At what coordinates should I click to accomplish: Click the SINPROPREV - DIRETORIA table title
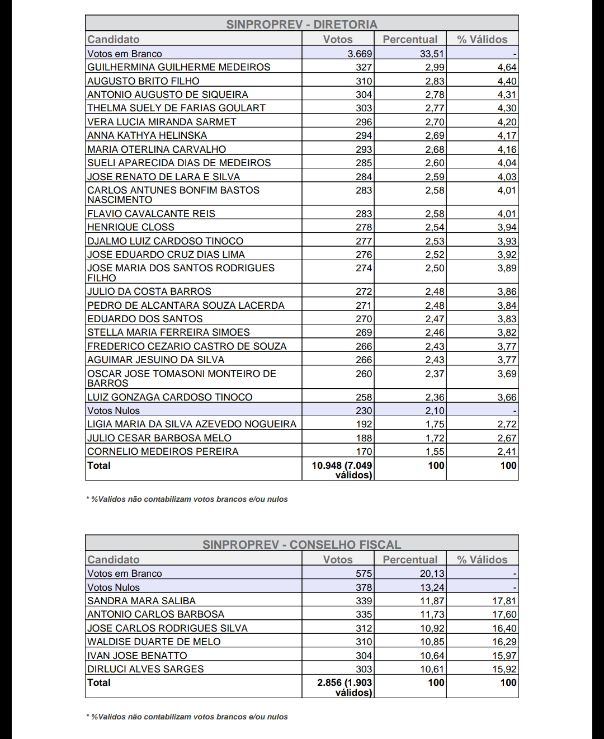tap(301, 25)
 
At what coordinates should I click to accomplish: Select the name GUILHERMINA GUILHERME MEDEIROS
tap(178, 67)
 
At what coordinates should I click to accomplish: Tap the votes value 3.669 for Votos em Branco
tap(360, 54)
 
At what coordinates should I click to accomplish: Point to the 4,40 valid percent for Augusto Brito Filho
tap(507, 81)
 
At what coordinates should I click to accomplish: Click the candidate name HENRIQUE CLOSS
tap(130, 227)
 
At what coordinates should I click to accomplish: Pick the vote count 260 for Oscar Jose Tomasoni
tap(364, 374)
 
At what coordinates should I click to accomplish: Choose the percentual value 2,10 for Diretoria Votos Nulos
tap(435, 411)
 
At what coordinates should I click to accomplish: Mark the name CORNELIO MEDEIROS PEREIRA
tap(163, 451)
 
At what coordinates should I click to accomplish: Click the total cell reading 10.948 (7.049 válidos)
tap(342, 470)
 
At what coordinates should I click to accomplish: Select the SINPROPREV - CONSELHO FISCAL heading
tap(301, 545)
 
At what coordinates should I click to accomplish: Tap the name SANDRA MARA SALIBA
tap(141, 601)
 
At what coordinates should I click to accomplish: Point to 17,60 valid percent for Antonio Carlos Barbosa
tap(504, 614)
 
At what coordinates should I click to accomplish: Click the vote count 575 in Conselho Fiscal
tap(364, 573)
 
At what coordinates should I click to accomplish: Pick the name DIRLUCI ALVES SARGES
tap(145, 669)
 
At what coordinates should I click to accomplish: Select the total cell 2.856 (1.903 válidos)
tap(345, 687)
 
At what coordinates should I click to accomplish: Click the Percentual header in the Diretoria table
tap(410, 39)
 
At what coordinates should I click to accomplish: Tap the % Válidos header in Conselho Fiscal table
tap(482, 559)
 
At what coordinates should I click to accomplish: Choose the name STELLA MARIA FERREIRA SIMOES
tap(168, 332)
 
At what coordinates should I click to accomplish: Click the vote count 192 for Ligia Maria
tap(364, 424)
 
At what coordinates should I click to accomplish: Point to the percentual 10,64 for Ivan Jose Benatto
tap(432, 656)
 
